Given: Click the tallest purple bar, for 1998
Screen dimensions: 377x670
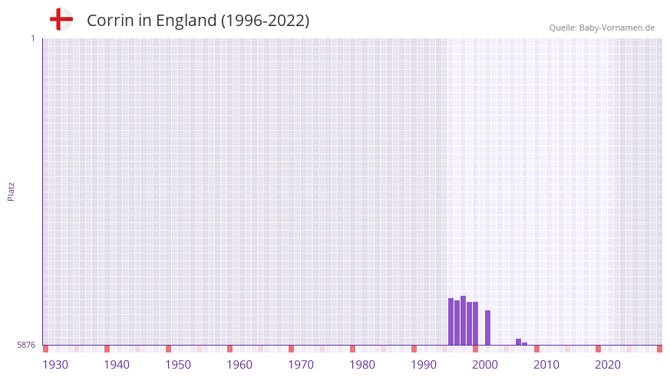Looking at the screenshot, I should coord(463,320).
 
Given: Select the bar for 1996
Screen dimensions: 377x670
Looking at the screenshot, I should coord(451,322).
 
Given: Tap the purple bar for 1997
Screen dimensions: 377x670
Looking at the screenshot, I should coord(457,323).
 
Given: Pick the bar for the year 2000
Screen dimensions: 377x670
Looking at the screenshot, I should coord(475,323).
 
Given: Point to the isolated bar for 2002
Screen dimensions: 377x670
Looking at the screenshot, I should coord(487,327).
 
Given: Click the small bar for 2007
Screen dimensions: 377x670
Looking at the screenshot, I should coord(518,342).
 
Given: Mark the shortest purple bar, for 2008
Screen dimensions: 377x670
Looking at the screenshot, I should coord(524,343).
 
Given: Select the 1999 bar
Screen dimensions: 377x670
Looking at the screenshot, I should coord(469,323).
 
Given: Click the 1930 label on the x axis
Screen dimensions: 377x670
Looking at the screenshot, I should coord(55,365).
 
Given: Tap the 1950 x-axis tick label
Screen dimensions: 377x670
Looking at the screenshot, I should coord(178,365).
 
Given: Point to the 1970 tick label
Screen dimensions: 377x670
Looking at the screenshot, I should coord(301,365).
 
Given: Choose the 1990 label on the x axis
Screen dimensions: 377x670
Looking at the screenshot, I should coord(424,365).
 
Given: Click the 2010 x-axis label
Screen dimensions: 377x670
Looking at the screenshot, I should coord(546,365).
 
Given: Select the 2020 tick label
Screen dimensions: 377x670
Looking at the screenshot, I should coord(608,365).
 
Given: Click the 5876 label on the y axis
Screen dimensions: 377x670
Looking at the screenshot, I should coord(26,346).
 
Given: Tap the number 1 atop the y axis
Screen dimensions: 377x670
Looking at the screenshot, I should coord(32,38).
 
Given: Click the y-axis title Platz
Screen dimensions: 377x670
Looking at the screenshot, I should coord(11,191).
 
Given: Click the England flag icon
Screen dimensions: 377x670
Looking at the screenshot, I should coord(61,20).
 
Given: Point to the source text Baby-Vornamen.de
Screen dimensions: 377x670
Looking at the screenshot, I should coord(617,28).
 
